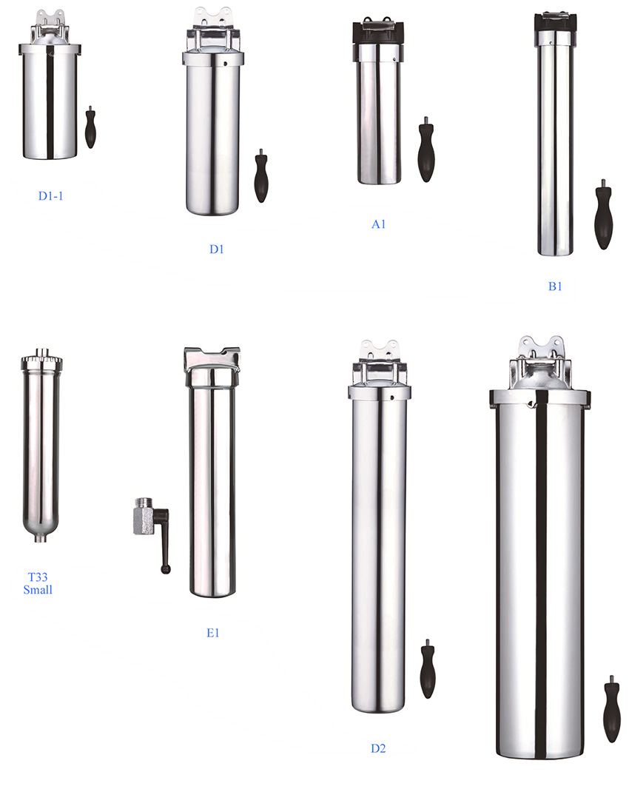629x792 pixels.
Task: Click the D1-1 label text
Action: [x=54, y=196]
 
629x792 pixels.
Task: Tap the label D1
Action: [x=216, y=249]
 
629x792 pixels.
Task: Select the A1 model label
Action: [x=378, y=224]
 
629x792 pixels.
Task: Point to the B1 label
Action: [x=555, y=286]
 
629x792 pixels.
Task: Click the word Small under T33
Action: [x=38, y=590]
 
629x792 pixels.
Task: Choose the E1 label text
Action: [x=213, y=633]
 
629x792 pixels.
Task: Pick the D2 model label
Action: [x=378, y=748]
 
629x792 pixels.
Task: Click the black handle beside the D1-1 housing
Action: [x=90, y=129]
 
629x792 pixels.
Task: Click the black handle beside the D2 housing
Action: [x=428, y=671]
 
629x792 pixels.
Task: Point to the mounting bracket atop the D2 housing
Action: [x=380, y=349]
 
